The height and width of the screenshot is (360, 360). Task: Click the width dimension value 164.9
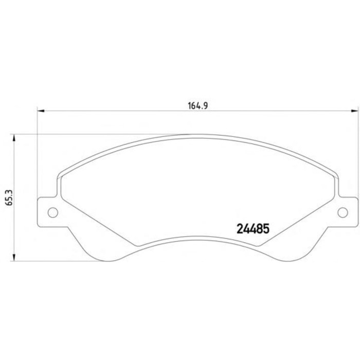click(197, 106)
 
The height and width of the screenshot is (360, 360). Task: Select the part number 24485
click(253, 229)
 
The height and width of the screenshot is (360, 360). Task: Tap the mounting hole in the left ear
click(53, 212)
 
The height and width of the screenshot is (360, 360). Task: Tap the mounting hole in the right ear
click(343, 212)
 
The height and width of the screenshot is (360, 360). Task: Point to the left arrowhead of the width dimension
click(41, 111)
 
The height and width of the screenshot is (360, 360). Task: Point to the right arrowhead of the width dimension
click(355, 111)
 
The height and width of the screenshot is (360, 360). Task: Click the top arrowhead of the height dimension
click(14, 137)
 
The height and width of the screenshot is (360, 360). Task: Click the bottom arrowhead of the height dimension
click(14, 257)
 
